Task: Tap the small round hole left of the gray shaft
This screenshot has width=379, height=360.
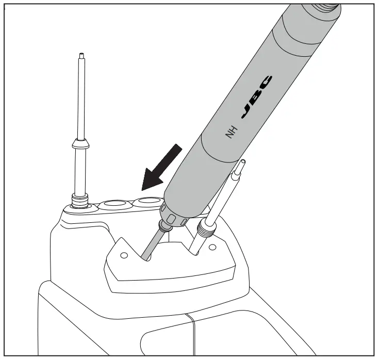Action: (123, 255)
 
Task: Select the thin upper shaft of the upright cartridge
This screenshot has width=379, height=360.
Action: (81, 98)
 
